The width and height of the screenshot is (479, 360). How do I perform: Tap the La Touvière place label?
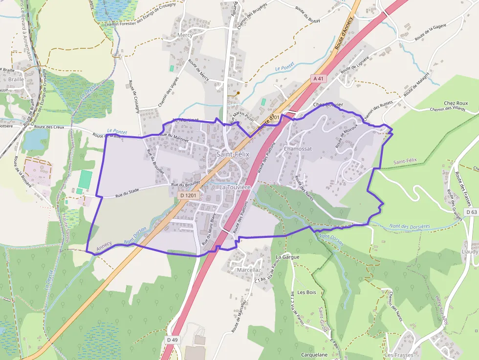click(235, 187)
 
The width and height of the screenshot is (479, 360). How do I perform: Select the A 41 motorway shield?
click(318, 78)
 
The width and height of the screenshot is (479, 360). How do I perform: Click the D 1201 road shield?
click(188, 195)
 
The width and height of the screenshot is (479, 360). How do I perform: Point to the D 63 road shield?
click(471, 212)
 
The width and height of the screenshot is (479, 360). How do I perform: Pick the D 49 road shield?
click(172, 339)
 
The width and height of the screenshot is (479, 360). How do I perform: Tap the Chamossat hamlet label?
click(297, 148)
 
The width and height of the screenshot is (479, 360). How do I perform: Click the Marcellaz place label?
click(248, 270)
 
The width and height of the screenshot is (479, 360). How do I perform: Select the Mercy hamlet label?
click(185, 35)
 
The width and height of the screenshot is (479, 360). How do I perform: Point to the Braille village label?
click(16, 79)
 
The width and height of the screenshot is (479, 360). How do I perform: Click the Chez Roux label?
click(456, 103)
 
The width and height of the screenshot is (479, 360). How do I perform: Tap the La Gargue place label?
click(287, 256)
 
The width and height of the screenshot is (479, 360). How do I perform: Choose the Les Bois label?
click(307, 292)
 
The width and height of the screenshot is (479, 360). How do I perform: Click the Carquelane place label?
click(315, 355)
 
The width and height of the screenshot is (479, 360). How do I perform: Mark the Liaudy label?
click(470, 251)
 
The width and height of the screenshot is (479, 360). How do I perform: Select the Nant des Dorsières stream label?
click(410, 226)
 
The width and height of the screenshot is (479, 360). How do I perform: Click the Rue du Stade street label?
click(128, 196)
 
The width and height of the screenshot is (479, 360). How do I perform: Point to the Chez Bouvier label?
click(328, 105)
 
